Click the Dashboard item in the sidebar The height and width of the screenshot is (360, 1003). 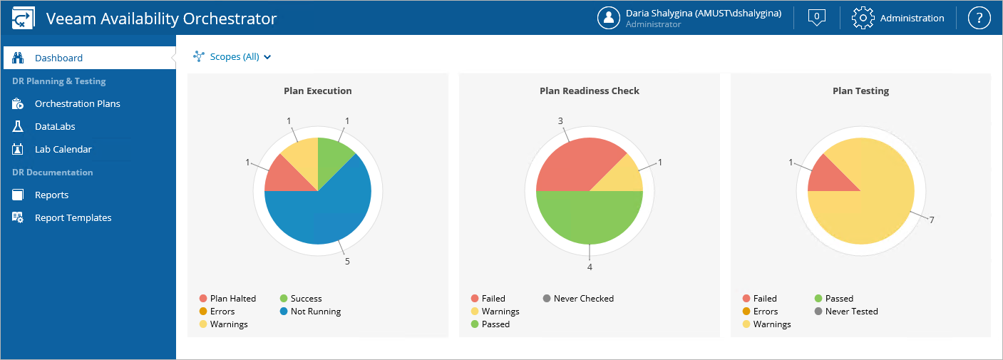coord(58,58)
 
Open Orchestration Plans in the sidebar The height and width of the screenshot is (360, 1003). coord(77,103)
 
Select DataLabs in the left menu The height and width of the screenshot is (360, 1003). coord(55,126)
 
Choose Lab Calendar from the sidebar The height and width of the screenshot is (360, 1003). coord(63,149)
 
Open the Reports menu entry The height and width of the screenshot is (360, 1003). coord(51,195)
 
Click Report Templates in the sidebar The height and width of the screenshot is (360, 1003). coord(73,217)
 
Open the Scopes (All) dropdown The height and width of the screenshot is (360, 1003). coord(233,56)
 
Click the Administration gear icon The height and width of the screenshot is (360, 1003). coord(863,18)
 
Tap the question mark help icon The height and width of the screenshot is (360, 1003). coord(979,18)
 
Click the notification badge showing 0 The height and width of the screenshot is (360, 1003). coord(817,17)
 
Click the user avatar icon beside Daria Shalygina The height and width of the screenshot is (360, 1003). coord(608,18)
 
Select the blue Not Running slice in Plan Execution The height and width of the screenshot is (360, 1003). coord(328,214)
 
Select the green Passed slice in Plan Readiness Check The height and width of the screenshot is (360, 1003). coord(590,217)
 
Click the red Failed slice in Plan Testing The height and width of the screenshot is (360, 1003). coord(827,175)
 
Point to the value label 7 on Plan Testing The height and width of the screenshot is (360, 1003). coord(932,220)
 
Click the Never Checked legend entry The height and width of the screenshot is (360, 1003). coord(583,299)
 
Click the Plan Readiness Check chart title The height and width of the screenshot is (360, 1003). coord(590,91)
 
